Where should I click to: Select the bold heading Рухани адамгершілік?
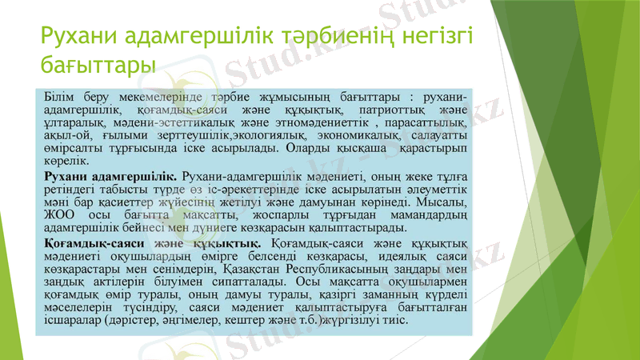[111, 176]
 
